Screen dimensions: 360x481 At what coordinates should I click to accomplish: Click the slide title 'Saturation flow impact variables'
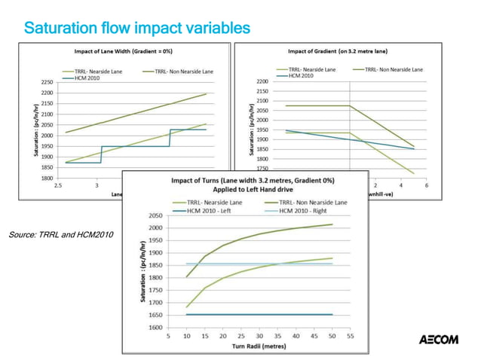136,29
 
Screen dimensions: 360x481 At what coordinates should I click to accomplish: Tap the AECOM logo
438,340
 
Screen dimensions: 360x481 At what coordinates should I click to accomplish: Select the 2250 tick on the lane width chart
46,81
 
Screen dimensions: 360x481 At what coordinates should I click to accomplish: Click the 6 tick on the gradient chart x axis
426,185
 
